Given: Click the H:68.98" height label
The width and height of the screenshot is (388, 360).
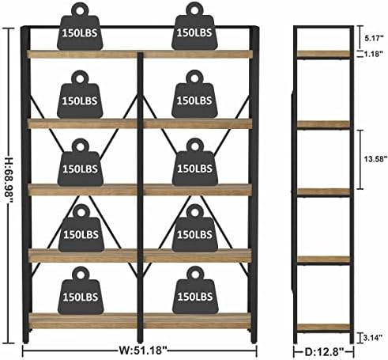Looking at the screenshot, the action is pyautogui.click(x=9, y=180).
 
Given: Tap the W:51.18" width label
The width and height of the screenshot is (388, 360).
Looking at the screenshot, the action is pyautogui.click(x=143, y=351).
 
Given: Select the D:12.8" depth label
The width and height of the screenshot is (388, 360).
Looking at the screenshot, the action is pyautogui.click(x=324, y=351).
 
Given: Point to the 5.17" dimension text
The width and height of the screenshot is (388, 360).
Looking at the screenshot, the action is pyautogui.click(x=374, y=38).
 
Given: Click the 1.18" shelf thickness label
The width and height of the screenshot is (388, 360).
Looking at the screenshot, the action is pyautogui.click(x=374, y=54).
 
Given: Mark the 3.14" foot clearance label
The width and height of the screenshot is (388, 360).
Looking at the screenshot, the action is pyautogui.click(x=373, y=338).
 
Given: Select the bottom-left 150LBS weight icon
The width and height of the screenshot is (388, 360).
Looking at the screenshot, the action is pyautogui.click(x=81, y=290).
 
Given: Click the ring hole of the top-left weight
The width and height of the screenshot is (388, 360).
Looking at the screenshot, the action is pyautogui.click(x=80, y=11).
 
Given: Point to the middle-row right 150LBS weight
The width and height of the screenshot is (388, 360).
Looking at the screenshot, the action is pyautogui.click(x=195, y=162).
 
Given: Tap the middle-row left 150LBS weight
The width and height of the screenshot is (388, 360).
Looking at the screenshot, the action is pyautogui.click(x=81, y=162).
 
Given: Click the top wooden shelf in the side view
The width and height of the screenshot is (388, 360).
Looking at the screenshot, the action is pyautogui.click(x=323, y=54).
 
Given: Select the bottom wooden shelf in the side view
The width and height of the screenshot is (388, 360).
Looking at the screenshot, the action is pyautogui.click(x=323, y=327).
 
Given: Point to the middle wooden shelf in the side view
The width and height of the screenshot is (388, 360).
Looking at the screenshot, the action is pyautogui.click(x=323, y=191).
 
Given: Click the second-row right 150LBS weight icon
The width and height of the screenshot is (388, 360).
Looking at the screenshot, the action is pyautogui.click(x=194, y=94).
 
